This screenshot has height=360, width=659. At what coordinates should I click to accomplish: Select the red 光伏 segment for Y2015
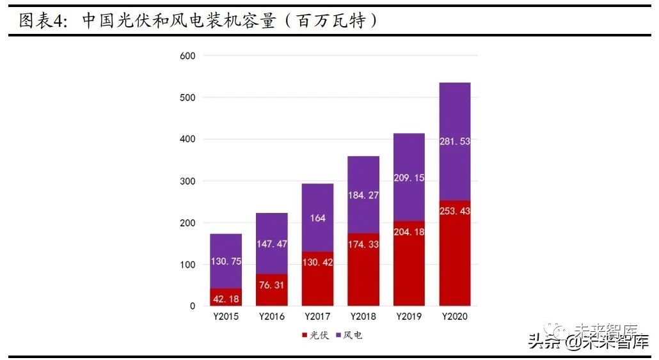click(226, 297)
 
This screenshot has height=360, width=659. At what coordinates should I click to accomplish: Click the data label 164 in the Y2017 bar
click(317, 218)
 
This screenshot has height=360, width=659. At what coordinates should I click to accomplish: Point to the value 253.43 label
click(455, 211)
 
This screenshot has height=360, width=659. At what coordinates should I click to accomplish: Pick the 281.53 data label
click(455, 141)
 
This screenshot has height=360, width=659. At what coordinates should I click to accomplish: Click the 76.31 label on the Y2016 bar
click(272, 285)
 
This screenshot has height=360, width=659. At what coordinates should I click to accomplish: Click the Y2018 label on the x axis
click(363, 317)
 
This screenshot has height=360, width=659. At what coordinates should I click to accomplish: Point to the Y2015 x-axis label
click(226, 317)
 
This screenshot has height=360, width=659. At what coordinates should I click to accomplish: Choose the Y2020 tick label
click(455, 317)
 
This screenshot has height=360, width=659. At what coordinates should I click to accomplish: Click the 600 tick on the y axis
click(188, 56)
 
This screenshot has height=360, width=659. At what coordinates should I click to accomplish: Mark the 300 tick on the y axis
click(188, 181)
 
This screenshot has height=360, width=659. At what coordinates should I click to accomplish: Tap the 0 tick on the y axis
click(192, 306)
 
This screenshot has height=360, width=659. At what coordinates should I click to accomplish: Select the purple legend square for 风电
click(338, 335)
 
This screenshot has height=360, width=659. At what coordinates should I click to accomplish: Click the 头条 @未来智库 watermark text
click(587, 342)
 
